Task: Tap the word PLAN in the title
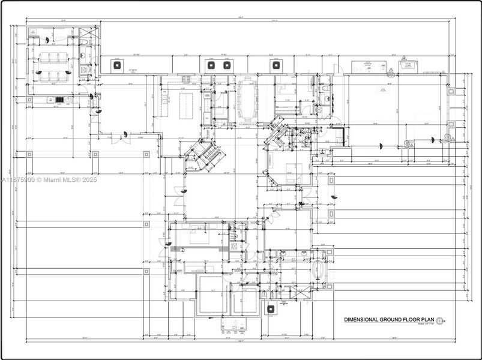click(x=426, y=320)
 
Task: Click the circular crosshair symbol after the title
click(x=441, y=320)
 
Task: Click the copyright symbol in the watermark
click(x=40, y=179)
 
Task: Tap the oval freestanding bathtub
click(x=318, y=274)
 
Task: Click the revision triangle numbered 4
click(x=391, y=71)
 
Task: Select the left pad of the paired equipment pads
click(x=211, y=65)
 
